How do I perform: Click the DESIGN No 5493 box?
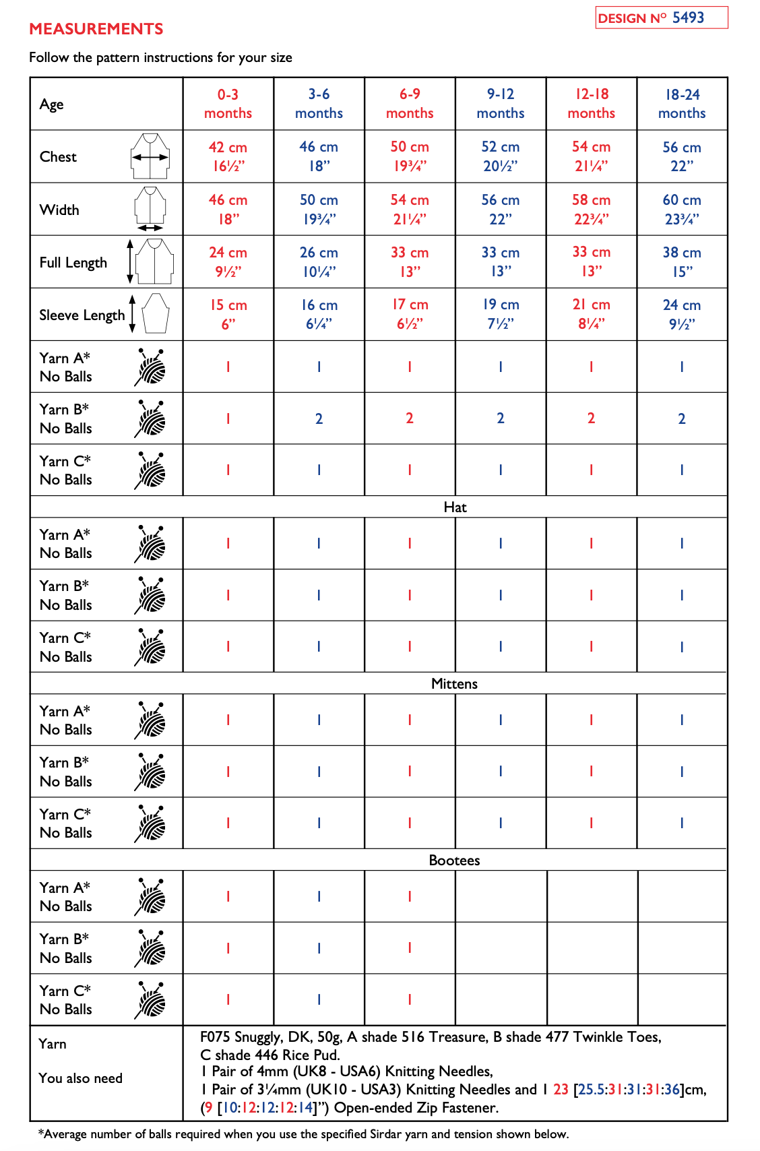tap(661, 18)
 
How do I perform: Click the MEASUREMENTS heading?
tap(96, 29)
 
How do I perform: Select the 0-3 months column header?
tap(228, 104)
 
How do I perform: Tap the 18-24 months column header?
tap(682, 104)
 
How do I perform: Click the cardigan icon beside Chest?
tap(150, 156)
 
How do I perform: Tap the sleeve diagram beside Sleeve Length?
tap(155, 313)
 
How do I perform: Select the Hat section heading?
tap(455, 507)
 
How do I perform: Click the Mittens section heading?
tap(454, 684)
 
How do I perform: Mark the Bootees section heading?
tap(454, 861)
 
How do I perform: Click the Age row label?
tap(52, 104)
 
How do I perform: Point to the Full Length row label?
tap(73, 262)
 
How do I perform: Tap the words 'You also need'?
tap(80, 1078)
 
